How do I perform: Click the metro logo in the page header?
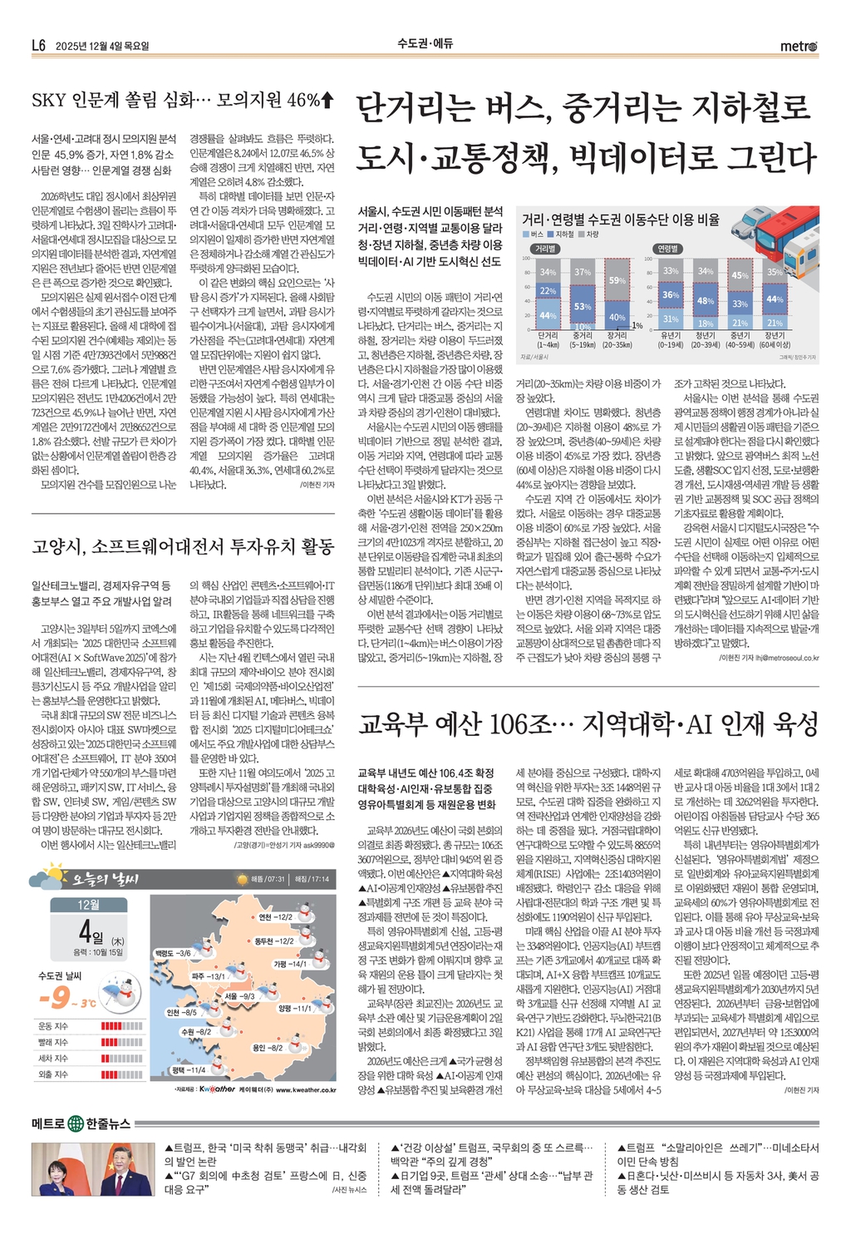point(799,46)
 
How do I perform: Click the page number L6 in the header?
point(38,46)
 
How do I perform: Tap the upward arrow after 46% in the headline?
point(327,101)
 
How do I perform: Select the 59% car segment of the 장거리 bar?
point(617,281)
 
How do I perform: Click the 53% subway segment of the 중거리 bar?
point(583,307)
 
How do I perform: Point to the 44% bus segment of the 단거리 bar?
point(548,316)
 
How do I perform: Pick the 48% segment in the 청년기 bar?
point(706,301)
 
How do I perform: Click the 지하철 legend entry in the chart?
point(563,235)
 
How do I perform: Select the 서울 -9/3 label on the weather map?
point(239,995)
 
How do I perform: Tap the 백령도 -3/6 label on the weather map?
point(173,953)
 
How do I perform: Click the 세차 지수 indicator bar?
point(121,1059)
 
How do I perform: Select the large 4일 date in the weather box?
point(90,929)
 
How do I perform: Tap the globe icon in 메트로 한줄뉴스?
point(76,1123)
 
